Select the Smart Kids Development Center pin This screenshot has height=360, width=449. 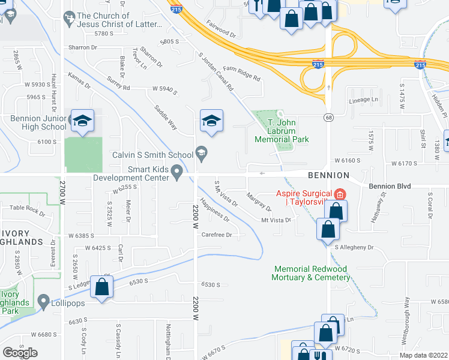tap(177, 173)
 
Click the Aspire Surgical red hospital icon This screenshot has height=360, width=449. tap(340, 194)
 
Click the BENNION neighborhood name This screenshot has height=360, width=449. tap(328, 175)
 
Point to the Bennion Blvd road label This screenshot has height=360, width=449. tap(390, 187)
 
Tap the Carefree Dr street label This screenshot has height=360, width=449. tap(217, 235)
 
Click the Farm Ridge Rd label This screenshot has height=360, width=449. tap(241, 73)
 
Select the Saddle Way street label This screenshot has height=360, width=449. tap(166, 117)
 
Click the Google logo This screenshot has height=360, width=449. tap(20, 352)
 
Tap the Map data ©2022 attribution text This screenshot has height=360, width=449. tap(424, 355)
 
